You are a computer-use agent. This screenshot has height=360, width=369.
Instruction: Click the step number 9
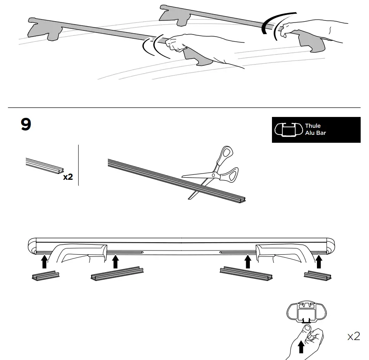[x=26, y=125]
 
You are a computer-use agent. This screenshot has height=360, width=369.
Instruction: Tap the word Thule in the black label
[x=313, y=126]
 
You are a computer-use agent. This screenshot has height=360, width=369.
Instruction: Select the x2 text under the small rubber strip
[x=68, y=177]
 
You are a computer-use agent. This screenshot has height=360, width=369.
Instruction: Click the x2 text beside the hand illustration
[x=353, y=336]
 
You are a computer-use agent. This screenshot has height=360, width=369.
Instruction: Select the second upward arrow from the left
[x=116, y=262]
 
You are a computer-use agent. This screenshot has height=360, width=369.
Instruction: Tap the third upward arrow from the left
[x=248, y=262]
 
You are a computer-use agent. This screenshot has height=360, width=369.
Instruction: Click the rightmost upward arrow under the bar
[x=319, y=262]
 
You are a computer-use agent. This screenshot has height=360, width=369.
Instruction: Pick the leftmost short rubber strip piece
[x=45, y=276]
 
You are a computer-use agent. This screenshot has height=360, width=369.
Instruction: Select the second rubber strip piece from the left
[x=117, y=274]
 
